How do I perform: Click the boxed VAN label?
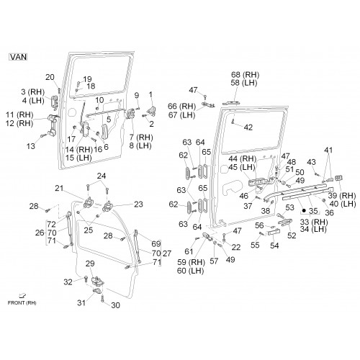pyautogui.click(x=18, y=57)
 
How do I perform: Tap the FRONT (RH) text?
pyautogui.click(x=22, y=302)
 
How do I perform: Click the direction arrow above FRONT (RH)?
pyautogui.click(x=22, y=296)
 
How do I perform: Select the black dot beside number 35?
pyautogui.click(x=304, y=211)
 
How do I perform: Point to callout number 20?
pyautogui.click(x=50, y=77)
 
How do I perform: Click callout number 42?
pyautogui.click(x=248, y=127)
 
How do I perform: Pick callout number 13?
pyautogui.click(x=31, y=146)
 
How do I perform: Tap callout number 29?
pyautogui.click(x=90, y=264)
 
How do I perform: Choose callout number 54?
pyautogui.click(x=274, y=246)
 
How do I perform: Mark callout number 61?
pyautogui.click(x=189, y=251)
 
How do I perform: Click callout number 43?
pyautogui.click(x=311, y=162)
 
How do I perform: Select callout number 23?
pyautogui.click(x=138, y=204)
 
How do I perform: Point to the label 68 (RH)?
pyautogui.click(x=245, y=75)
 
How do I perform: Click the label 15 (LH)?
pyautogui.click(x=78, y=158)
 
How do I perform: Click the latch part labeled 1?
pyautogui.click(x=152, y=111)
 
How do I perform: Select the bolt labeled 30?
pyautogui.click(x=102, y=299)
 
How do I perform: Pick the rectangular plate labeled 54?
pyautogui.click(x=274, y=233)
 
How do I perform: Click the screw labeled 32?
pyautogui.click(x=86, y=279)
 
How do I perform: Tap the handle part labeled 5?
pyautogui.click(x=104, y=131)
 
